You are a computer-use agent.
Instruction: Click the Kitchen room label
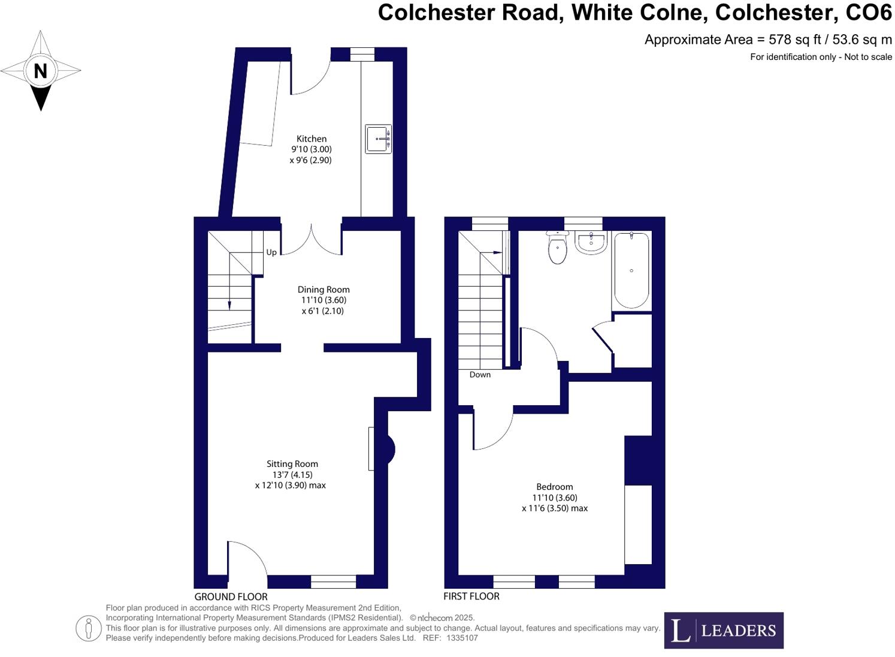(312, 139)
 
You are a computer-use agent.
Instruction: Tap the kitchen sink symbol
(379, 139)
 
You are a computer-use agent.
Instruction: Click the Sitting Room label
(292, 464)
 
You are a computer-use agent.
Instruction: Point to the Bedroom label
(554, 487)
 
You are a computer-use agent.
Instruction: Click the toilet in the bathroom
(558, 249)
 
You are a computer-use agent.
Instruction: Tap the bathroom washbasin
(591, 243)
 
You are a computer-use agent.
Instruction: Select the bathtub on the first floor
(631, 270)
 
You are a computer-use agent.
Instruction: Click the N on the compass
(40, 71)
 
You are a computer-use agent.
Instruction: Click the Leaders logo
(723, 630)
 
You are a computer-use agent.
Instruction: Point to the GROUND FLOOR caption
(231, 596)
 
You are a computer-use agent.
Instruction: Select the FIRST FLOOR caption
(471, 596)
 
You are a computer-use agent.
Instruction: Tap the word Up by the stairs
(271, 252)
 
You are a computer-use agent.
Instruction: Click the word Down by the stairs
(480, 375)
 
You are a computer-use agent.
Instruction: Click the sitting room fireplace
(384, 449)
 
